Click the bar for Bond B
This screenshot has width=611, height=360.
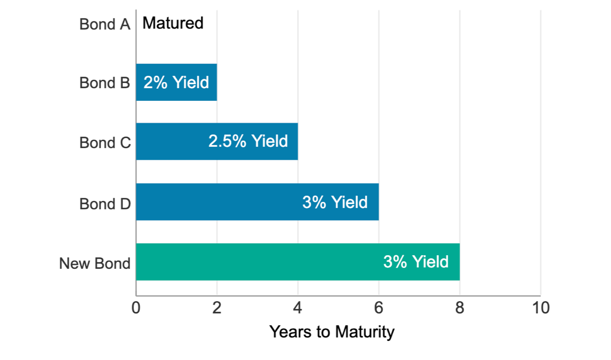[176, 82]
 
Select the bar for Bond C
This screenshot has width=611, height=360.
[217, 141]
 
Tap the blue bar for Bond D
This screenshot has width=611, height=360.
[257, 202]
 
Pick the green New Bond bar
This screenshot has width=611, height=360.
[297, 262]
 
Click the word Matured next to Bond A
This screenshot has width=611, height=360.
[173, 23]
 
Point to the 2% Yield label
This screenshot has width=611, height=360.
[176, 83]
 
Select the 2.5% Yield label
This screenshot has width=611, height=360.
[248, 141]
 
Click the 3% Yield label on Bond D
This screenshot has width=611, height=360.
[335, 203]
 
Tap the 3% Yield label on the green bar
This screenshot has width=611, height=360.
[415, 262]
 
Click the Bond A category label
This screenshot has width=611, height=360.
[105, 24]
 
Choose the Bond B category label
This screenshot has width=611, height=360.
[105, 83]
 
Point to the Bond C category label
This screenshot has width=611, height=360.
[105, 143]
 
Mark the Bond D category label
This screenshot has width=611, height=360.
[105, 204]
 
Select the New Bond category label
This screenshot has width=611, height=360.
[95, 263]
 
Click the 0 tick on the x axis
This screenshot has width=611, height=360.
[136, 307]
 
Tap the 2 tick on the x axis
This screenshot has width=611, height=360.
[217, 307]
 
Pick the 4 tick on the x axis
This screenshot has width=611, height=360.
[298, 307]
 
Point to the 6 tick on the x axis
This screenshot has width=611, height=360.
[379, 307]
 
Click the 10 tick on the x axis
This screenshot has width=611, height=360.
[541, 307]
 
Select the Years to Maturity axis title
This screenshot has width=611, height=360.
[332, 332]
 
